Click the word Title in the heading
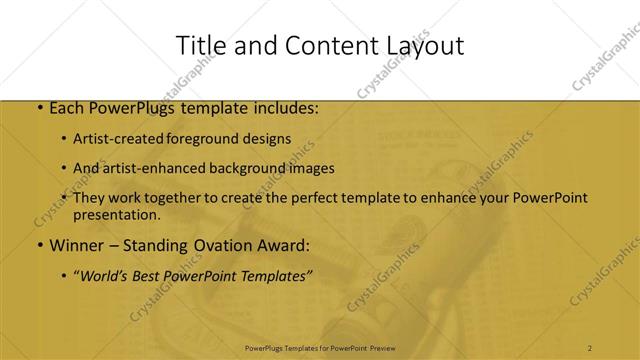tap(198, 46)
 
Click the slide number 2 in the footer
tap(590, 347)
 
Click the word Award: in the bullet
tap(283, 244)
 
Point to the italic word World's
tap(108, 274)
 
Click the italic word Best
tap(152, 274)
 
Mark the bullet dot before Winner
tap(39, 245)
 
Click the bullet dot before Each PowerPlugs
tap(39, 107)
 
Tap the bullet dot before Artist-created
tap(64, 140)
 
